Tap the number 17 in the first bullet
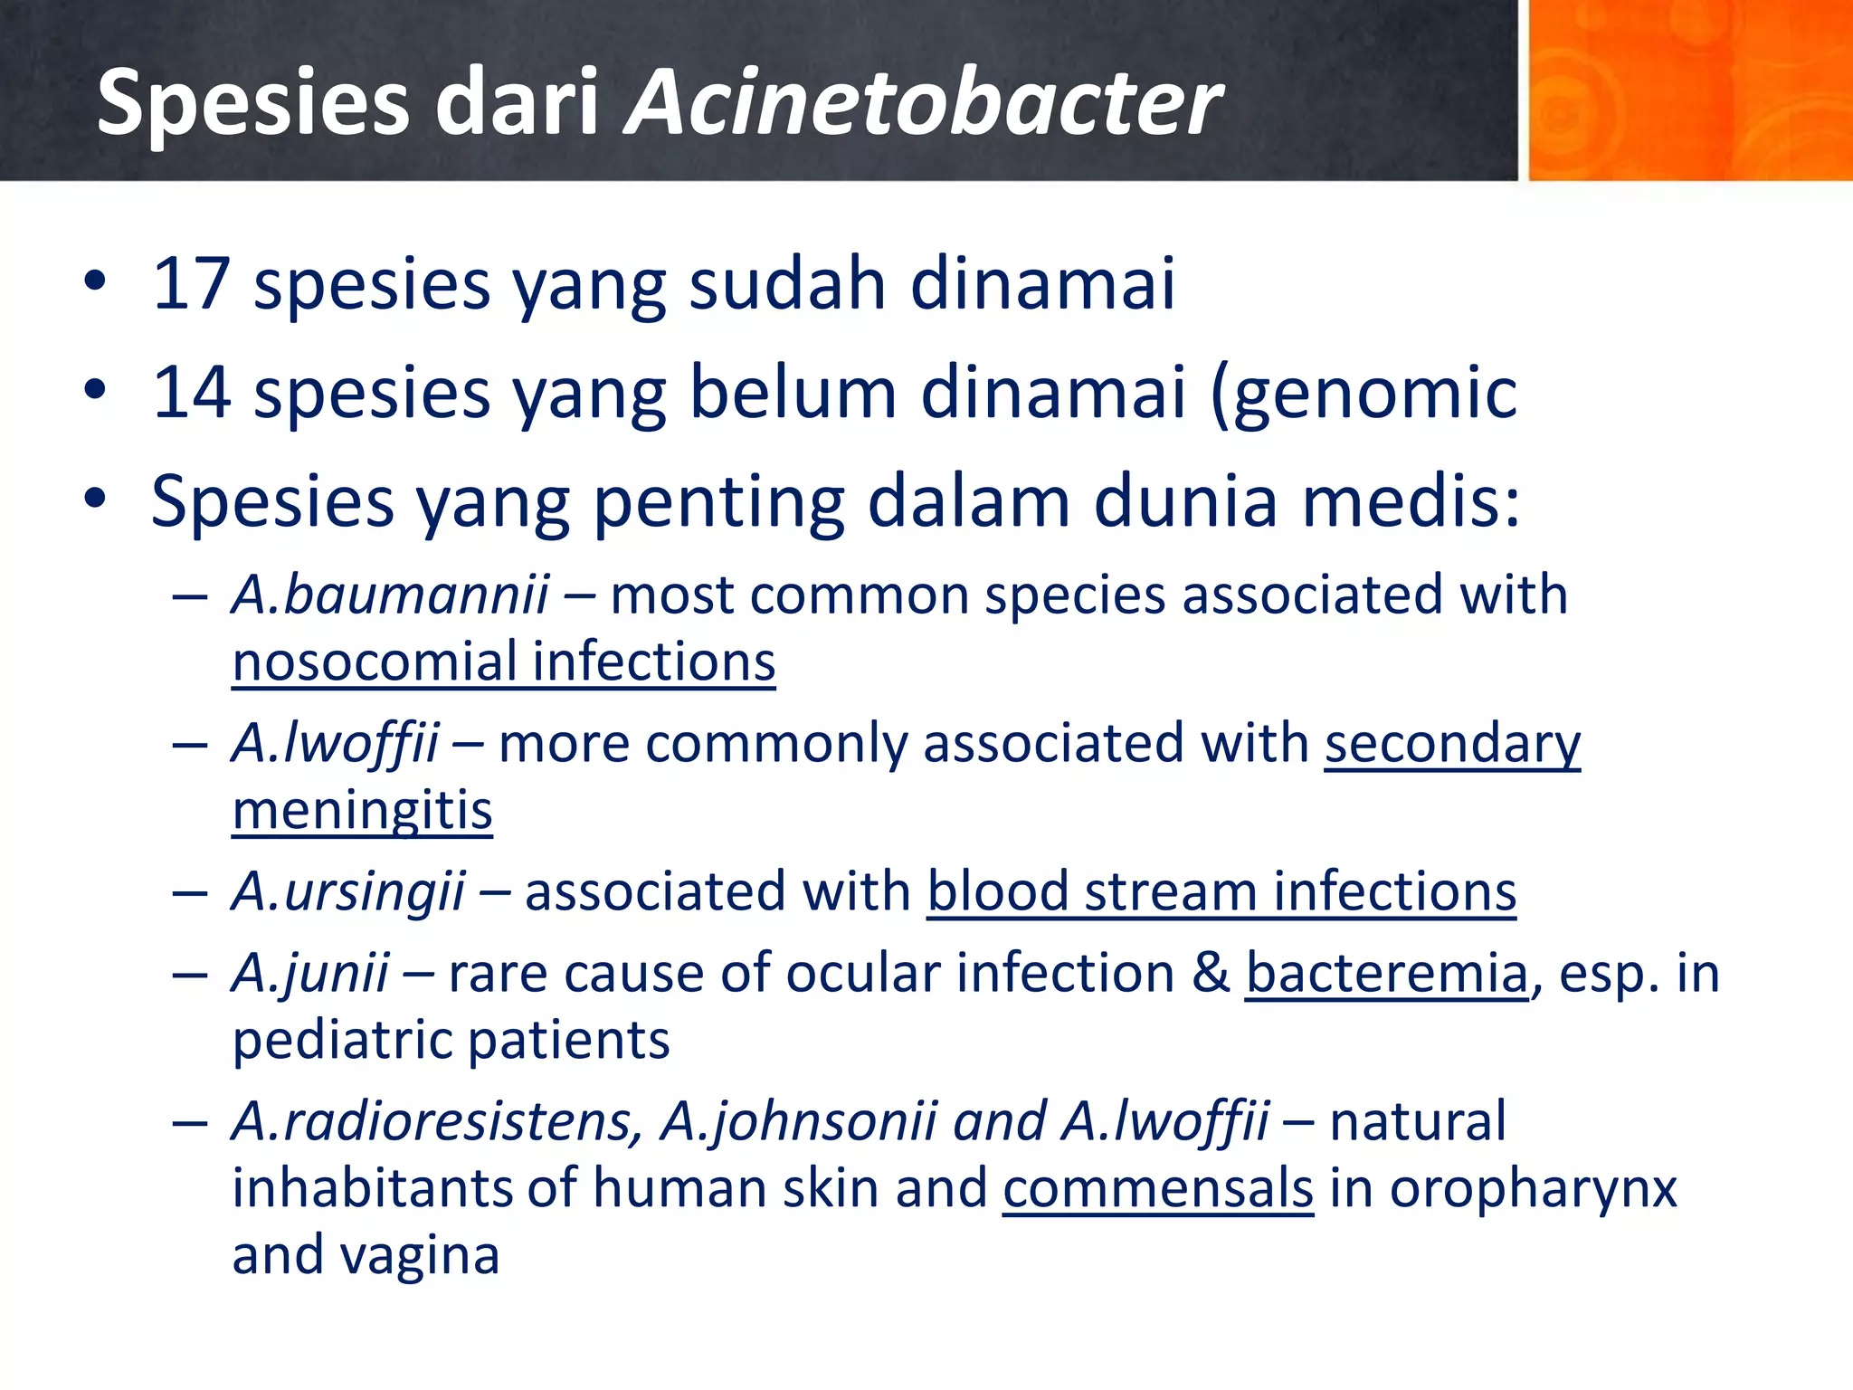click(x=191, y=284)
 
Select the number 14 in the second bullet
click(x=191, y=393)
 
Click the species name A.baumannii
click(x=390, y=595)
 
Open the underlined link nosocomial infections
click(x=504, y=662)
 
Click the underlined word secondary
click(x=1452, y=744)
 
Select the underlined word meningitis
click(x=362, y=810)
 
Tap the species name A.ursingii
click(x=348, y=891)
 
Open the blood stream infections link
click(x=1221, y=891)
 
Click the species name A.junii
click(x=310, y=974)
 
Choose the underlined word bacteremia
click(x=1387, y=974)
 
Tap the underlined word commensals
click(x=1157, y=1188)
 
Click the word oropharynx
click(x=1533, y=1188)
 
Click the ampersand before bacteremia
click(x=1211, y=974)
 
